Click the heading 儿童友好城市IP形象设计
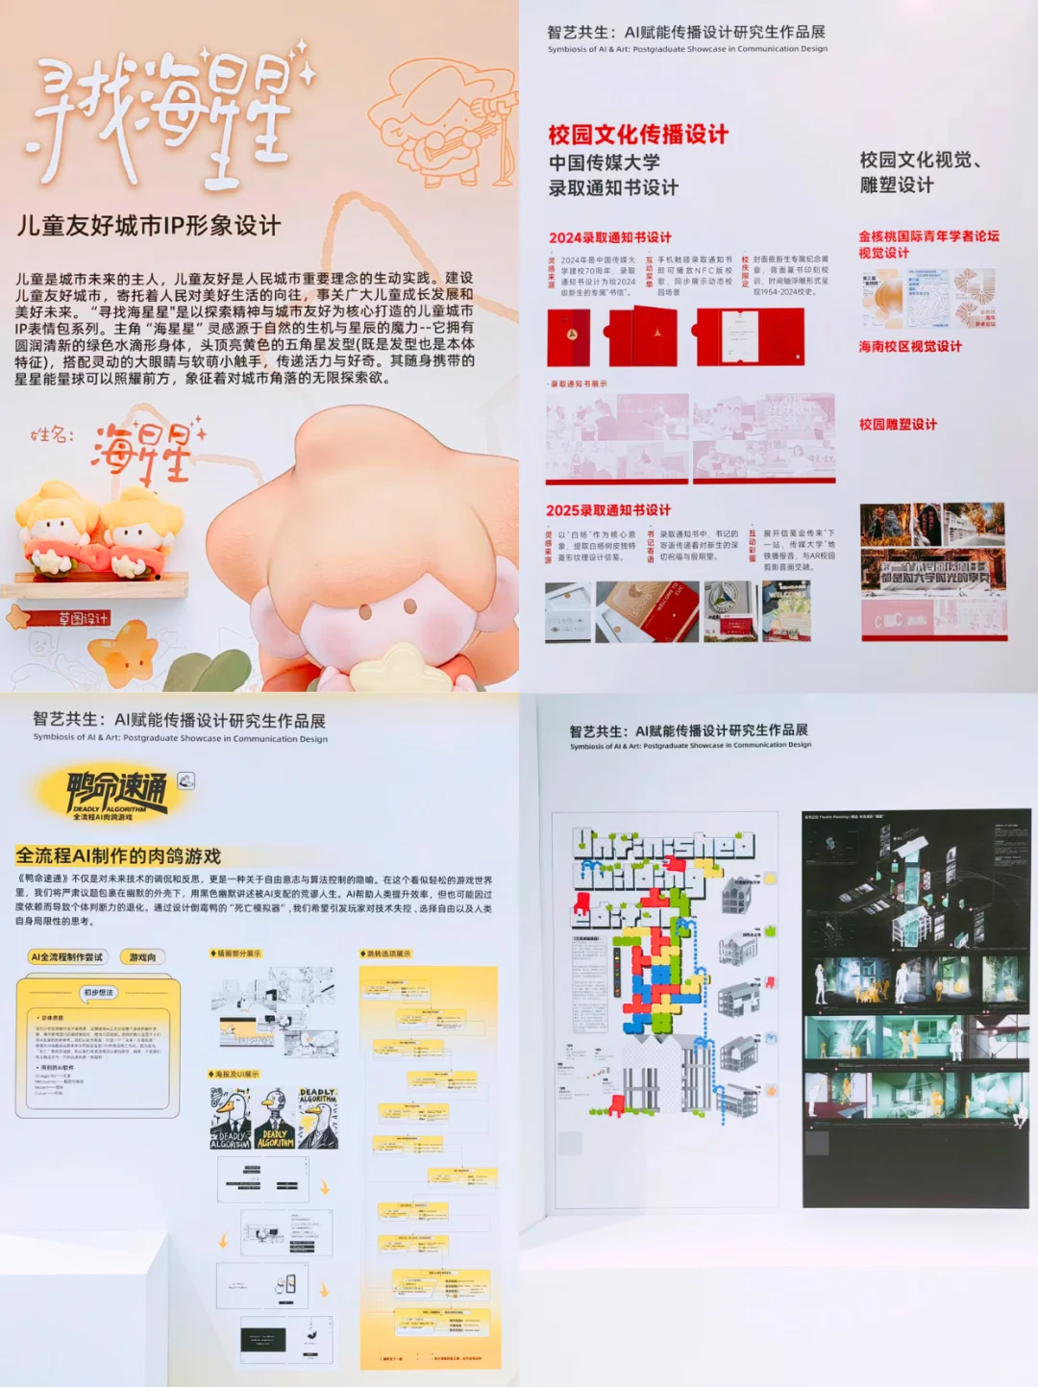click(149, 226)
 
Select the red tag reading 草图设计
click(83, 618)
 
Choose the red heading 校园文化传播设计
click(638, 135)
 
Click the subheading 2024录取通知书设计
click(610, 237)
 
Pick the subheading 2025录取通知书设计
click(608, 510)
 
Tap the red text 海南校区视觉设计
click(909, 346)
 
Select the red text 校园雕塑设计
click(898, 424)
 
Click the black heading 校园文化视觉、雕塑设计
click(919, 172)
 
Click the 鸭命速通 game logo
click(115, 793)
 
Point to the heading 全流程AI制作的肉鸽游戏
click(118, 855)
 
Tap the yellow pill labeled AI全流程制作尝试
click(66, 956)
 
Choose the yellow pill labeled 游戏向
click(142, 956)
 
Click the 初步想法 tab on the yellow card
click(98, 992)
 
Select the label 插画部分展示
click(236, 954)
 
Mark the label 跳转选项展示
click(386, 954)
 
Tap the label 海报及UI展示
click(235, 1074)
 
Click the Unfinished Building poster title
click(663, 870)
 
